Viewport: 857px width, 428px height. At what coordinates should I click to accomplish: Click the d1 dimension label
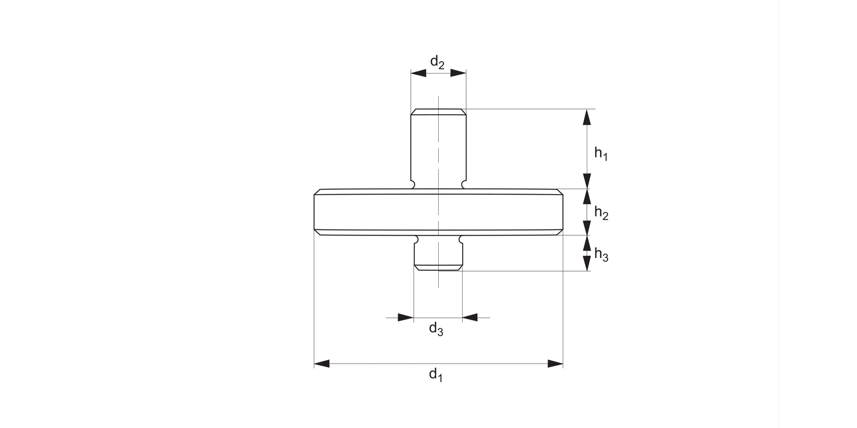click(436, 375)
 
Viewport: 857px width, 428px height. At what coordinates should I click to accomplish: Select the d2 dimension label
click(438, 62)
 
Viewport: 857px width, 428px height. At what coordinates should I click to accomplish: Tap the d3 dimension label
click(436, 329)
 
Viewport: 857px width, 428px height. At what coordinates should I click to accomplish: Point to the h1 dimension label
click(600, 153)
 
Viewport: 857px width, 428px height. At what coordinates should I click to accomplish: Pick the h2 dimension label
click(601, 213)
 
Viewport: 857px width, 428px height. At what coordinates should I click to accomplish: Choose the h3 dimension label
click(601, 255)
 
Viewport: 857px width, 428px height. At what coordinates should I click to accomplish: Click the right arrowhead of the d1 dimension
click(555, 364)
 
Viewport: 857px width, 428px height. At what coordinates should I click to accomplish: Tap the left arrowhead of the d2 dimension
click(419, 73)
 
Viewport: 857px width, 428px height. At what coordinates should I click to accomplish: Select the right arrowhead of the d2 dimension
click(458, 73)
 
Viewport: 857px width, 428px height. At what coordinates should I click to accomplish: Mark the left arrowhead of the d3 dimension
click(406, 317)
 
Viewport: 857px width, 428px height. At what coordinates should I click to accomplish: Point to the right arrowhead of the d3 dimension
click(470, 317)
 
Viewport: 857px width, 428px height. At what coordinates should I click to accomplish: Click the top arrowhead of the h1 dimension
click(586, 117)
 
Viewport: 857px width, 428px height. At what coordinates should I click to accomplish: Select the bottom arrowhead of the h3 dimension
click(586, 263)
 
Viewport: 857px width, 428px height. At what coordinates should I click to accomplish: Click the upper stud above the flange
click(438, 146)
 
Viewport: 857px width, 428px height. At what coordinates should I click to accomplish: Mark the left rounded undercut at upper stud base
click(413, 184)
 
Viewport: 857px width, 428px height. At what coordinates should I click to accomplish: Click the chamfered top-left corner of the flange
click(318, 192)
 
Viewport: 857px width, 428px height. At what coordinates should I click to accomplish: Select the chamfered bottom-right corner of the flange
click(560, 232)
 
